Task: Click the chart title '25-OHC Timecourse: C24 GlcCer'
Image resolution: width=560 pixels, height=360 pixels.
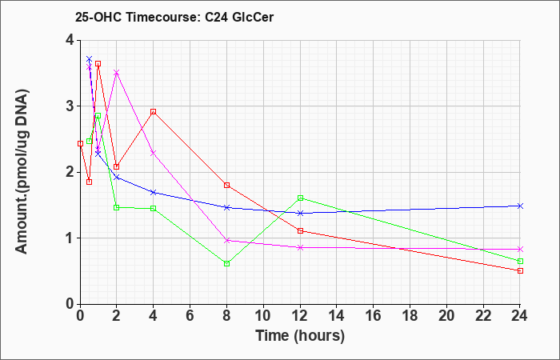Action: pos(174,17)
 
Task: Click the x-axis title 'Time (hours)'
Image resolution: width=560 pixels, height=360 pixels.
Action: pos(300,336)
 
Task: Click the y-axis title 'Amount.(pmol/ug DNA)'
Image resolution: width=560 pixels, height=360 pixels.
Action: pos(22,172)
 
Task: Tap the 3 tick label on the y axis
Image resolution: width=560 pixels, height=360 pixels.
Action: pos(70,106)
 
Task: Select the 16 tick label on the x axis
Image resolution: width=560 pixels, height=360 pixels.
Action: pos(374,315)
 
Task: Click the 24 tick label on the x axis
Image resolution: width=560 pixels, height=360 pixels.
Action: pos(520,315)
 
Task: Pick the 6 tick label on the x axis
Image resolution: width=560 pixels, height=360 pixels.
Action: pos(190,315)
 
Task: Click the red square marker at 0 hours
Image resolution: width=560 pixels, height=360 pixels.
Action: pos(80,143)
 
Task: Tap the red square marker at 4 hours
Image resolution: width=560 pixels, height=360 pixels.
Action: pos(154,112)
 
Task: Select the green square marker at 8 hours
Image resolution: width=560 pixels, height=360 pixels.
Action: pos(226,263)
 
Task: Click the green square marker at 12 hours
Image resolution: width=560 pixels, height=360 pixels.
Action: pos(300,198)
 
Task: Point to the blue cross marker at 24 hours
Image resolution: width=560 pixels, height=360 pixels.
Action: pos(520,206)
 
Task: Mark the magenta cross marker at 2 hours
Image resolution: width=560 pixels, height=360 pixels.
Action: pos(116,73)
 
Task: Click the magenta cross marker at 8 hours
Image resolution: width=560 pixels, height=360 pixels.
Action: pos(226,240)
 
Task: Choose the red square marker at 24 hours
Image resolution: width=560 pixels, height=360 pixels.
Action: pos(520,270)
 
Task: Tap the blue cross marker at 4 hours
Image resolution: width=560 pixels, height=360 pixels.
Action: pos(154,192)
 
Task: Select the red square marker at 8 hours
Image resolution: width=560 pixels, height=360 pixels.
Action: pos(226,185)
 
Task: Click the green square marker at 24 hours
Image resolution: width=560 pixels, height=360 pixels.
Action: pos(520,261)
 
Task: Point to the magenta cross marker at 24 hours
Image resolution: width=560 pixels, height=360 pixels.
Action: pos(520,249)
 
